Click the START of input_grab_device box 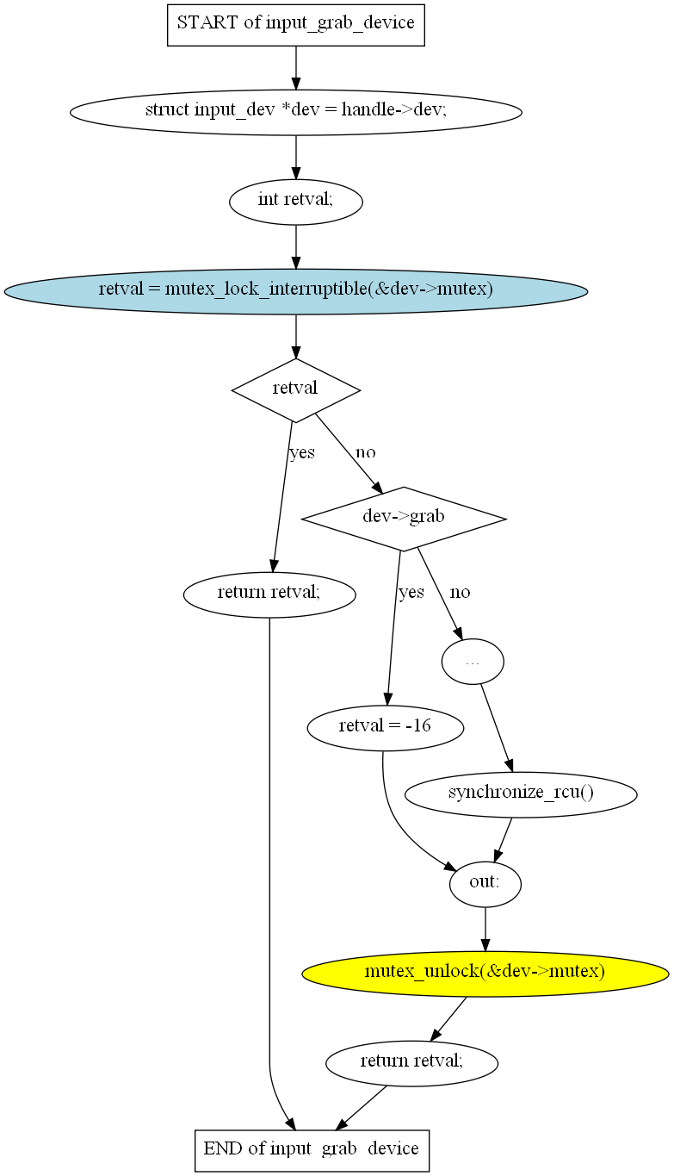tap(295, 23)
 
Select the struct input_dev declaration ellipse tap(295, 111)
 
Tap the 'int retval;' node tap(295, 201)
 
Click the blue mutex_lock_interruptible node tap(295, 290)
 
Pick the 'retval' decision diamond tap(295, 389)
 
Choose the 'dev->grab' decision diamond tap(403, 518)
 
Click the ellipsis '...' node tap(472, 662)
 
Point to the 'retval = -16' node tap(385, 726)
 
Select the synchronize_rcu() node tap(520, 793)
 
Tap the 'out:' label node tap(485, 883)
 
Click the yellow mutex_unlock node tap(485, 973)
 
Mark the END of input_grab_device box tap(312, 1149)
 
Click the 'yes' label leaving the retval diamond tap(302, 452)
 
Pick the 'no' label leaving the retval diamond tap(365, 452)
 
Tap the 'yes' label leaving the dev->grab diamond tap(411, 593)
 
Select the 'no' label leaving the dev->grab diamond tap(460, 593)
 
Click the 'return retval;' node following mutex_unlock tap(411, 1061)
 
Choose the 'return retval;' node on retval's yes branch tap(269, 593)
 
